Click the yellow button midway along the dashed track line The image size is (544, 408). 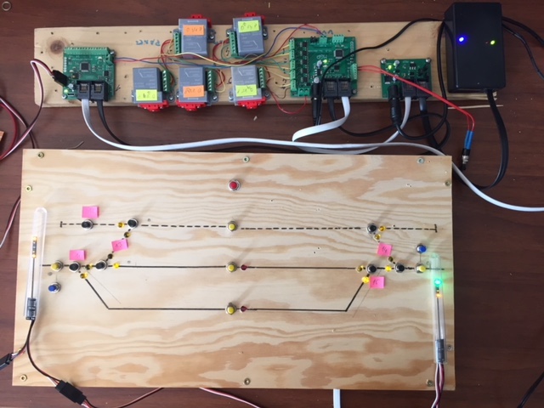232,226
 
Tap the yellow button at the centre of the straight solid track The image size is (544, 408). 231,268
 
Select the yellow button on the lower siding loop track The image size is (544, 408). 231,309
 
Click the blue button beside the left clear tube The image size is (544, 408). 53,289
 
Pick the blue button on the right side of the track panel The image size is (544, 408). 421,249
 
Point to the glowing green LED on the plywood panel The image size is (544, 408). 437,281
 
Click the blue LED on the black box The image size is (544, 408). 461,38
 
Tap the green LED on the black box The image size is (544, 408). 490,40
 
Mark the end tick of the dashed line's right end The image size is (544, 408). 435,228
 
